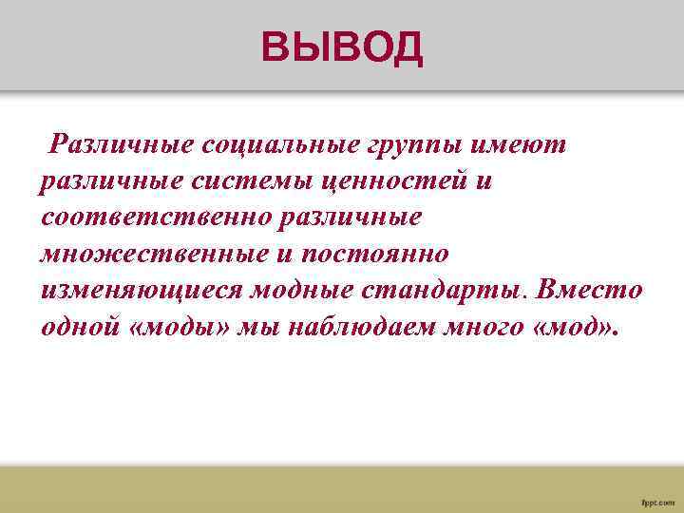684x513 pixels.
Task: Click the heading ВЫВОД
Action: (x=343, y=47)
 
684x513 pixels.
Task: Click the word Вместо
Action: (x=590, y=290)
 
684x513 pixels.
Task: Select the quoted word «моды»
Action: (x=180, y=327)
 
